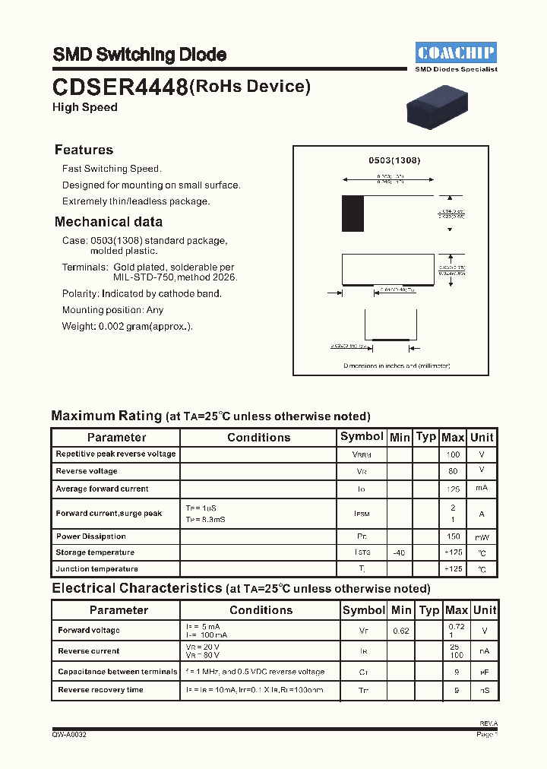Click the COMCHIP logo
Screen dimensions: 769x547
click(457, 52)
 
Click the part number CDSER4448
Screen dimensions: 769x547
click(120, 88)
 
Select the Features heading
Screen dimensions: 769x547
click(84, 150)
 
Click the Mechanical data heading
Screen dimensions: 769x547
click(109, 222)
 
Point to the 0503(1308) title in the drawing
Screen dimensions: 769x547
click(394, 160)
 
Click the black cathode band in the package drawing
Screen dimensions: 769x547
click(353, 214)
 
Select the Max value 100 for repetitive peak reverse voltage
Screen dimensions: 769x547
click(453, 454)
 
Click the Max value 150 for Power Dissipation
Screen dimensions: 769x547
click(453, 536)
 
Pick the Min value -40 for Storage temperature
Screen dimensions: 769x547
click(399, 552)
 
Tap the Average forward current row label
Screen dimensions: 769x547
click(102, 489)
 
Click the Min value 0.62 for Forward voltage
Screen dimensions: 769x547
click(401, 631)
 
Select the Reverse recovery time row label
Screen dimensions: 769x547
click(100, 690)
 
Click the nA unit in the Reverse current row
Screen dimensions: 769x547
click(484, 651)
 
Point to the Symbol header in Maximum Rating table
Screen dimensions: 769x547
click(362, 436)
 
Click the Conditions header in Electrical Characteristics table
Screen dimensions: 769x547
click(261, 610)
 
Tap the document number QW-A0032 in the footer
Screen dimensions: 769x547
click(69, 735)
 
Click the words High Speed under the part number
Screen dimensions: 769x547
click(84, 107)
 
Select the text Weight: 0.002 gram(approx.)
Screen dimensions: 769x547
click(127, 326)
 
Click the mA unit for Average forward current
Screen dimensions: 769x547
click(481, 489)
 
